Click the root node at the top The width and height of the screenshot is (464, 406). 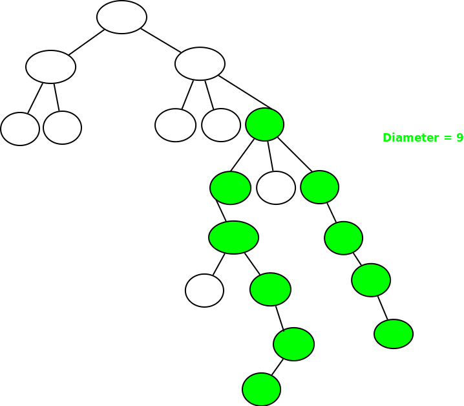121,17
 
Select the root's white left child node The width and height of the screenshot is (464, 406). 50,67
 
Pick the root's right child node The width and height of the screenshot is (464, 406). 200,63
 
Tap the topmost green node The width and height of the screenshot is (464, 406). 265,124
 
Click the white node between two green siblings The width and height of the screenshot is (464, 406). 276,187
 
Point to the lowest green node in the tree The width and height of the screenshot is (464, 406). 261,389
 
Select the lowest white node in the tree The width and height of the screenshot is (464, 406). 204,290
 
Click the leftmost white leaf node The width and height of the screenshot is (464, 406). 20,129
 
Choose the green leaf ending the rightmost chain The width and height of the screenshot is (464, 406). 394,334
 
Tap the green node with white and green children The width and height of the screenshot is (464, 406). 233,237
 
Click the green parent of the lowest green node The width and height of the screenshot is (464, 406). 293,344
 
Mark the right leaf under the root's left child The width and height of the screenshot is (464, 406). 63,127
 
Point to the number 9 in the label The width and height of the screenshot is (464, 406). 459,138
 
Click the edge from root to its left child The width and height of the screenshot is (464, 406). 87,43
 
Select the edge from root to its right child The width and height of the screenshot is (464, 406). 161,40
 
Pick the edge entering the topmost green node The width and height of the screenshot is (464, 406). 246,92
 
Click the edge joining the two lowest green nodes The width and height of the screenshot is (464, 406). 277,367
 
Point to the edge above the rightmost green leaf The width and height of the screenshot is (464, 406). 383,308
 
